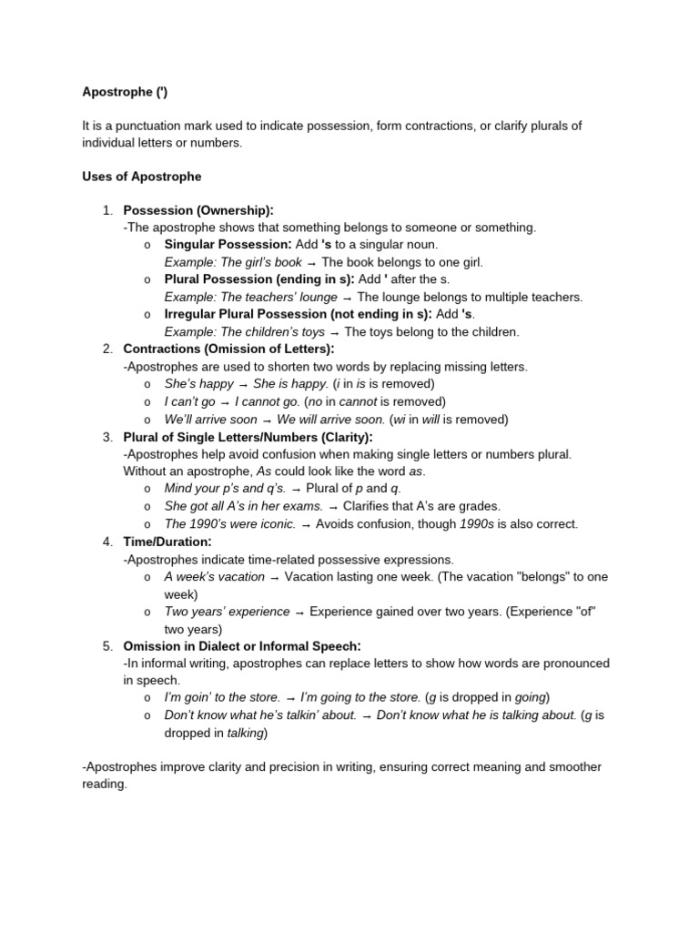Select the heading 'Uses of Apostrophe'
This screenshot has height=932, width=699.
point(141,176)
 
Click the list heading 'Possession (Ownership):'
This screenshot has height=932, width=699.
point(198,210)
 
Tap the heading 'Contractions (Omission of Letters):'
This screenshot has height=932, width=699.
point(228,349)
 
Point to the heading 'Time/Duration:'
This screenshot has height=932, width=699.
point(167,542)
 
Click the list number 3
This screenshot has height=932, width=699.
point(106,437)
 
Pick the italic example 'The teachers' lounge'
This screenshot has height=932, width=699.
point(247,297)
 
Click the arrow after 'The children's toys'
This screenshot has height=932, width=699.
point(334,332)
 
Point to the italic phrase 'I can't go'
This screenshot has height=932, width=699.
point(189,401)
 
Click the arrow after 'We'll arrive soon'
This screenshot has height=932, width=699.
point(267,420)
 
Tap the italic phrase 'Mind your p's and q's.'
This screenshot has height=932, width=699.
point(225,489)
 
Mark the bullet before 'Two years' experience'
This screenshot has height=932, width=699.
point(147,612)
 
